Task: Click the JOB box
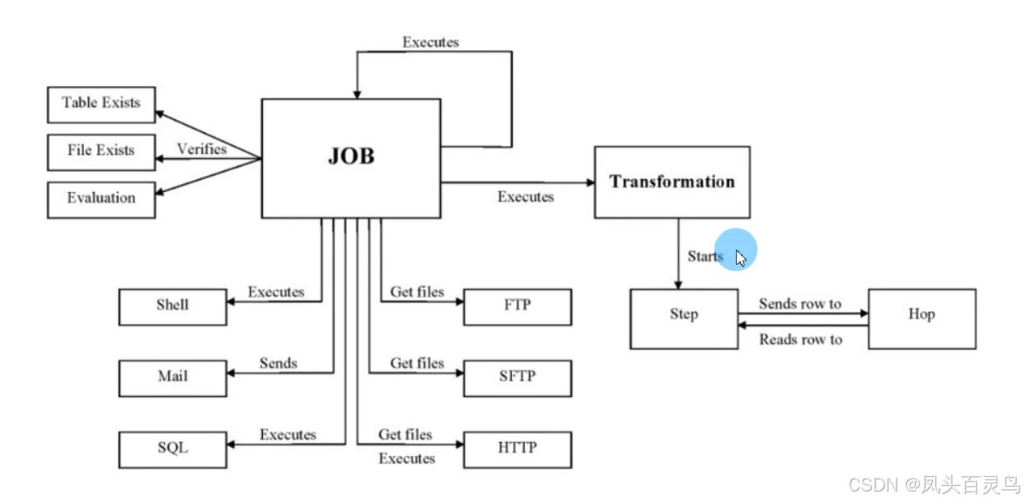coord(351,157)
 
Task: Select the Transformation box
coord(672,182)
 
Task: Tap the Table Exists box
coord(101,103)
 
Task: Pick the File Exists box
coord(101,151)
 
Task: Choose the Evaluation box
coord(101,199)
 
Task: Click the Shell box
coord(173,306)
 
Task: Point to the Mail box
coord(173,377)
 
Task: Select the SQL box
coord(173,448)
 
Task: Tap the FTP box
coord(517,306)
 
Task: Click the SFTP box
coord(517,377)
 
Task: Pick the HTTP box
coord(517,448)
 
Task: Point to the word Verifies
coord(202,149)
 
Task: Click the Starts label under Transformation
coord(705,257)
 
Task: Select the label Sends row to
coord(800,304)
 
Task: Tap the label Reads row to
coord(800,341)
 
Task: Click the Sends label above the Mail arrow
coord(278,363)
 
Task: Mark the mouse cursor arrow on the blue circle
coord(741,258)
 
